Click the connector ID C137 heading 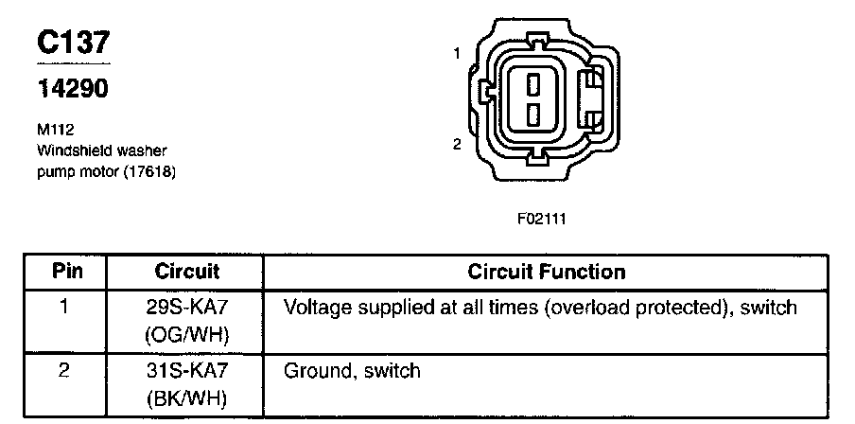tap(74, 43)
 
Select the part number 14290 tap(72, 89)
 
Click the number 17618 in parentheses tap(148, 172)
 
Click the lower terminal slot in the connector tap(533, 115)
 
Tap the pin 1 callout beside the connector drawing tap(457, 54)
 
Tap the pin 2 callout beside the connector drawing tap(457, 144)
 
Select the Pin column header tap(66, 272)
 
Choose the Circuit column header tap(186, 272)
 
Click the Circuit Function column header tap(547, 272)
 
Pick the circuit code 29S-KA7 tap(186, 308)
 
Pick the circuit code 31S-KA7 tap(186, 371)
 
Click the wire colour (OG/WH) tap(186, 333)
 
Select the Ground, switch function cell tap(352, 371)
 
